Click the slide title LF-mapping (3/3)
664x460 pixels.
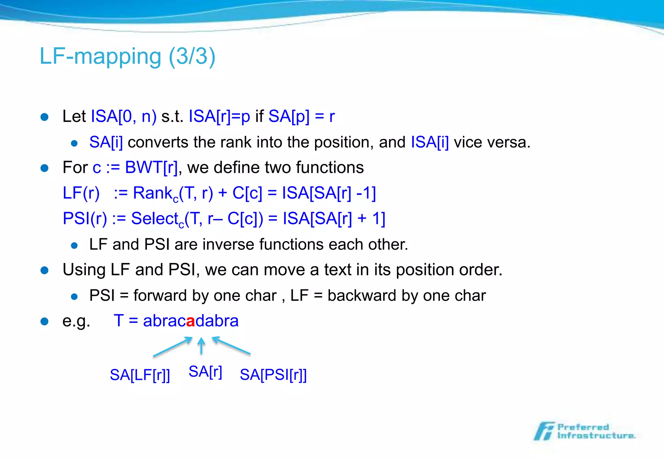tap(127, 56)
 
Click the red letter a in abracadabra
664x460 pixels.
tap(191, 321)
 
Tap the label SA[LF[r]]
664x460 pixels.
tap(140, 375)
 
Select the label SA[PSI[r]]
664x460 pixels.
tap(273, 375)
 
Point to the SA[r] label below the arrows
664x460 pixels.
tap(205, 372)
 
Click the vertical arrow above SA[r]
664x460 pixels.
tap(201, 346)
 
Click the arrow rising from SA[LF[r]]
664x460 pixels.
tap(172, 347)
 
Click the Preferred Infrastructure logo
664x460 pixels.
tap(585, 431)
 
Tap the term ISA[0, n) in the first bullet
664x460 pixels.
tap(124, 116)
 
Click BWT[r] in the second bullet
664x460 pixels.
tap(151, 168)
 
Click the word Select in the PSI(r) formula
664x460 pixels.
tap(155, 219)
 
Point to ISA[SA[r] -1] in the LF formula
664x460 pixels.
tap(329, 193)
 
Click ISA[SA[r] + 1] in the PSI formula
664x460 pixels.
tap(334, 219)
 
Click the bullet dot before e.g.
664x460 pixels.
tap(44, 321)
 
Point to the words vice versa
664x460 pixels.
tap(492, 142)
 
